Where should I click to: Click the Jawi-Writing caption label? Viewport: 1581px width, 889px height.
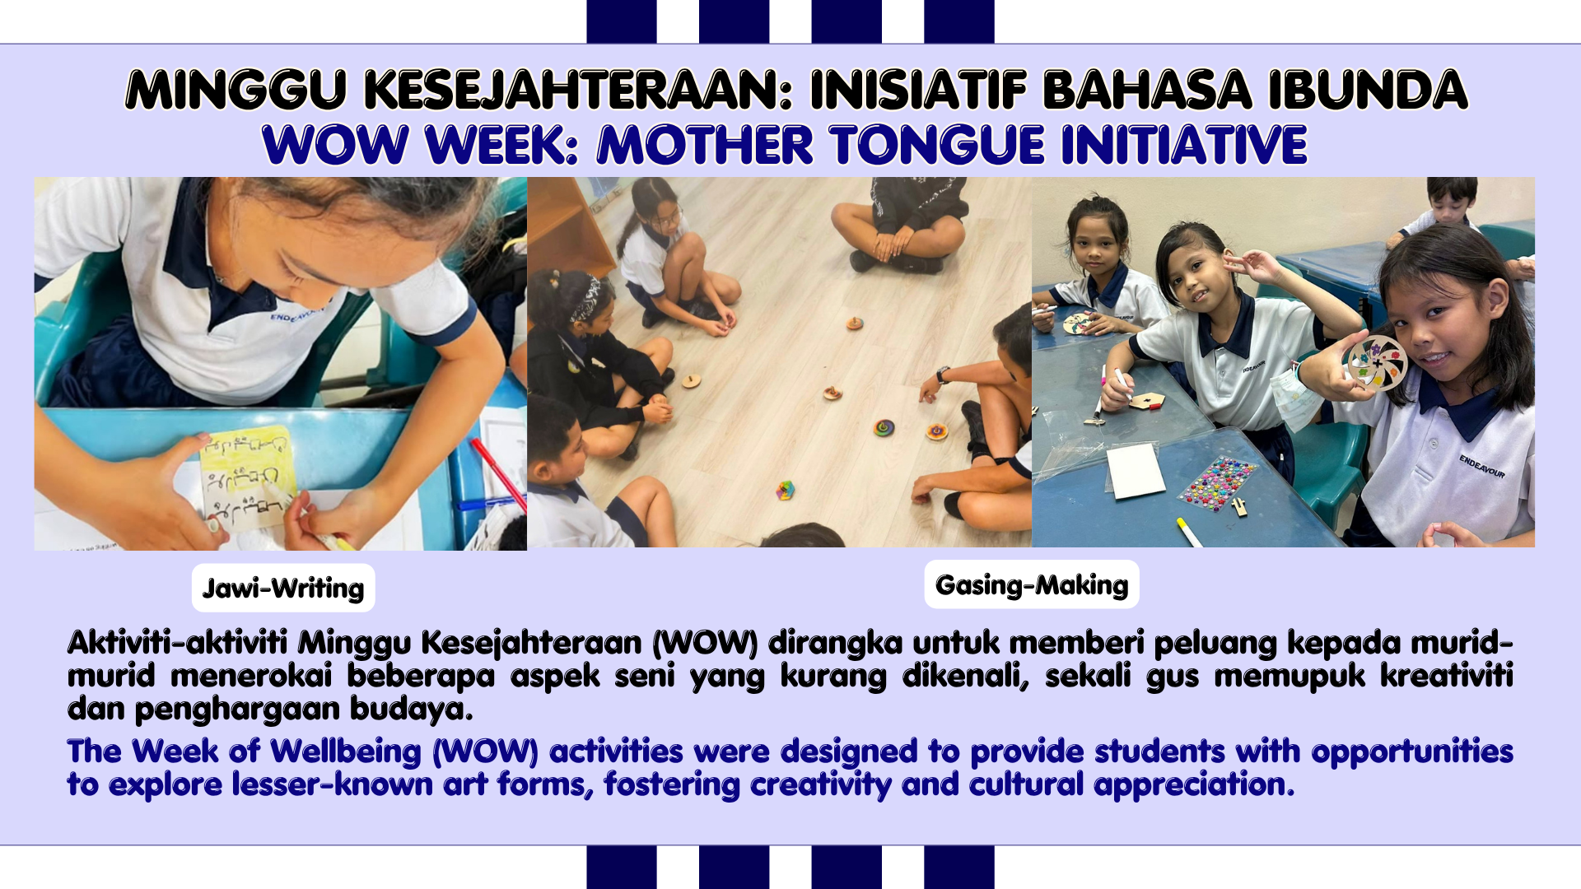click(x=283, y=588)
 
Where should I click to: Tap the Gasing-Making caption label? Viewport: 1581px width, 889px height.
click(x=1032, y=584)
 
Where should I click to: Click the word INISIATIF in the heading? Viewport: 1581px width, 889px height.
click(x=919, y=90)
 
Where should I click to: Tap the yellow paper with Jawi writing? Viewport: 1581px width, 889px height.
click(x=248, y=477)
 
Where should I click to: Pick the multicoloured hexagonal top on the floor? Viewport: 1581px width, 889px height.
click(x=786, y=491)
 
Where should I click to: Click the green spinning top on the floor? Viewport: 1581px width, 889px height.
click(x=884, y=428)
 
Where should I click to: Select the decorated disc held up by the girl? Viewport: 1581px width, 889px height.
click(x=1376, y=363)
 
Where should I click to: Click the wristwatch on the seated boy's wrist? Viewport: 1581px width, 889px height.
click(x=943, y=375)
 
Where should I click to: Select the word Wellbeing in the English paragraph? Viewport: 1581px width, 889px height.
click(x=346, y=752)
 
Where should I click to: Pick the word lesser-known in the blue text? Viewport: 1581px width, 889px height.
click(x=332, y=784)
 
